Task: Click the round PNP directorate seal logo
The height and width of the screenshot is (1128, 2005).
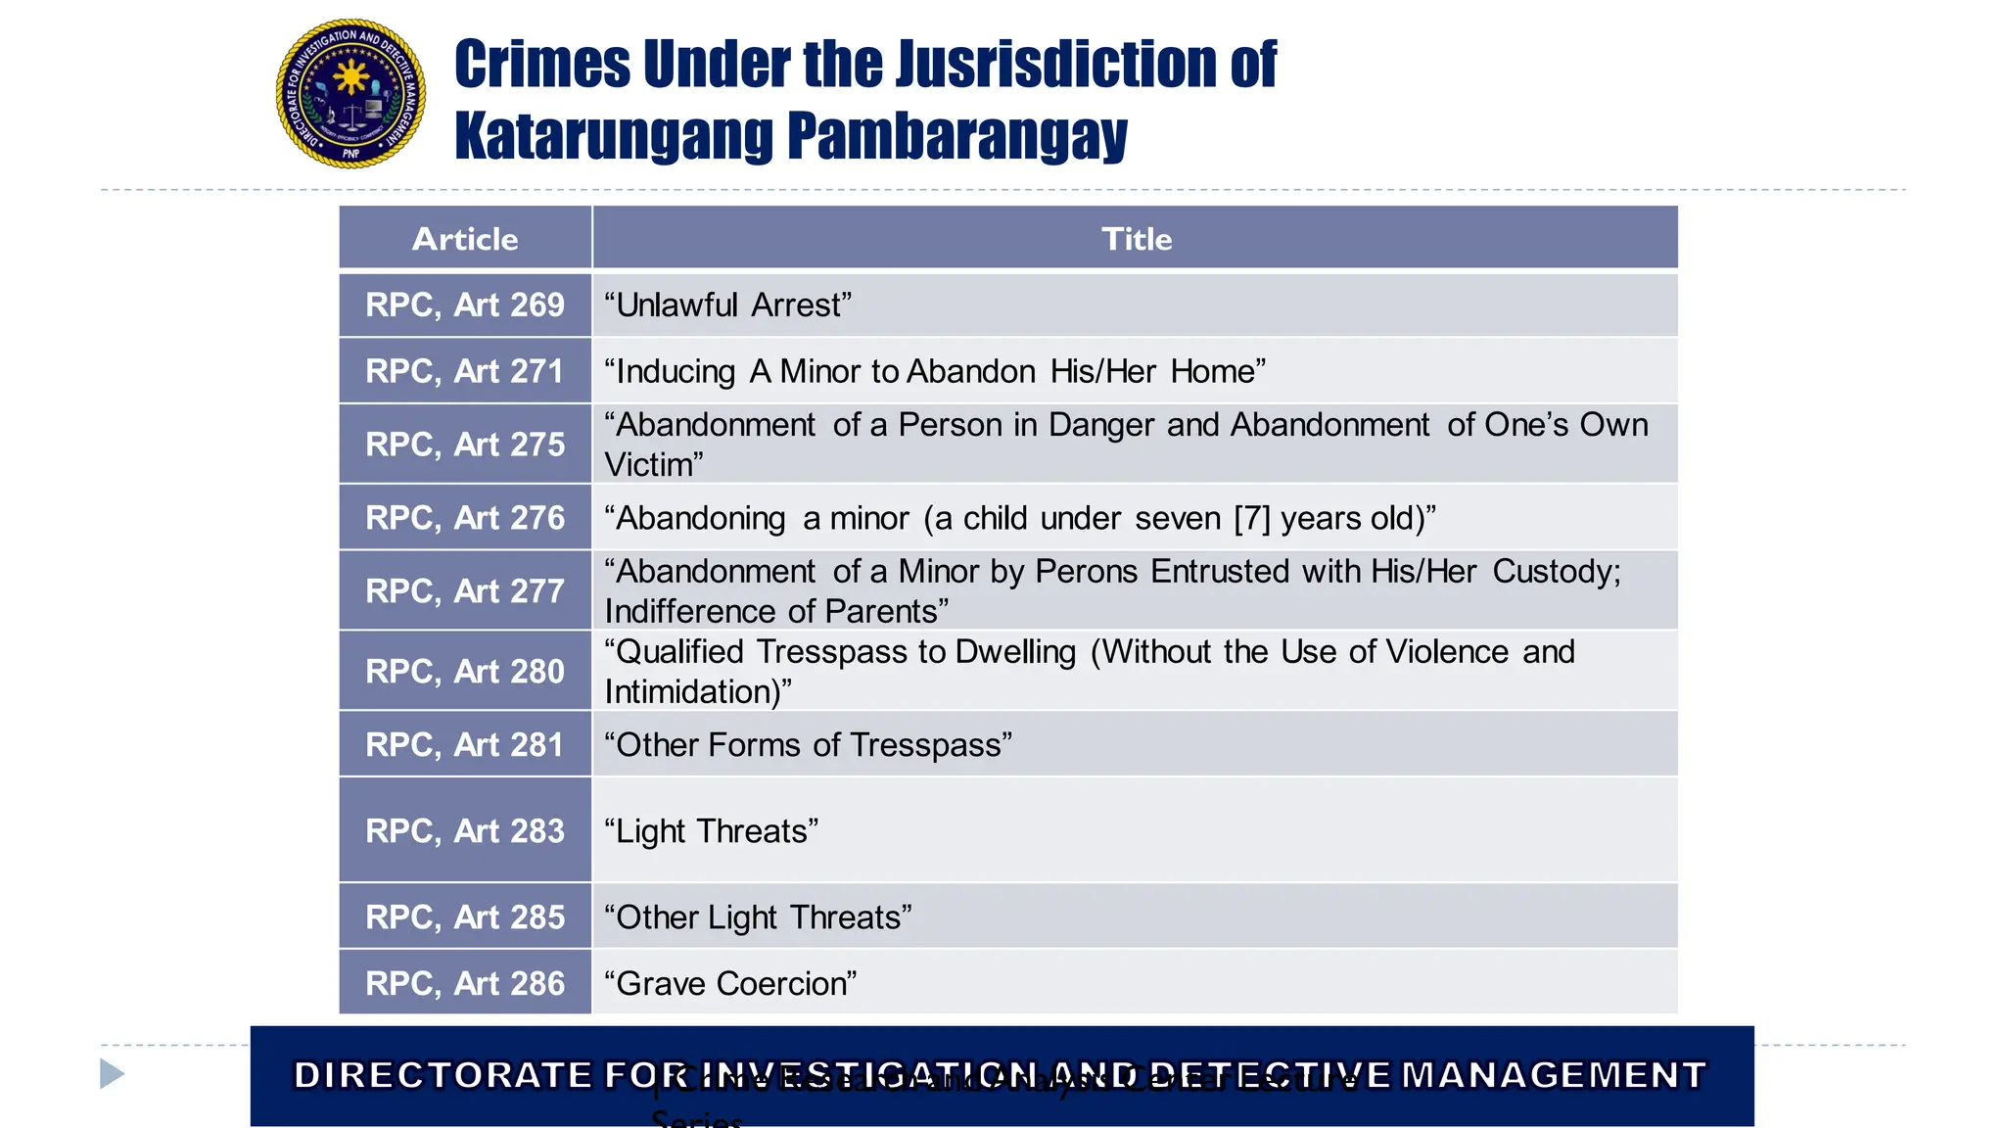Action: coord(350,94)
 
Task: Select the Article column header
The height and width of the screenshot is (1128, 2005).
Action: coord(465,239)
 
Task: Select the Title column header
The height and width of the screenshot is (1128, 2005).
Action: coord(1136,239)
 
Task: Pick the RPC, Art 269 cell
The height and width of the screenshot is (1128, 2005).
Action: coord(465,305)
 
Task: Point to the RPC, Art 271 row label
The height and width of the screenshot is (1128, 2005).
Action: coord(465,372)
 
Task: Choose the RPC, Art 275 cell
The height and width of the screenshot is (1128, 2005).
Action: coord(465,445)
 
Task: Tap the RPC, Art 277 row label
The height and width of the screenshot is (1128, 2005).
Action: coord(465,591)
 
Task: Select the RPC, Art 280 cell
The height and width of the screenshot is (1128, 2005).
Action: coord(465,672)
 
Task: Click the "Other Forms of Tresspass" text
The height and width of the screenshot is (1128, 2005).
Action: coord(808,745)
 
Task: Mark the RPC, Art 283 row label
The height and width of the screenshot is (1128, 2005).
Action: coord(465,831)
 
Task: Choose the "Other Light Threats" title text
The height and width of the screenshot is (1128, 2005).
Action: coord(758,917)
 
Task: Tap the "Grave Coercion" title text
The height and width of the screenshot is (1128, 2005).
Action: coord(730,984)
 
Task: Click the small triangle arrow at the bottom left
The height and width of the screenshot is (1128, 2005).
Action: coord(112,1074)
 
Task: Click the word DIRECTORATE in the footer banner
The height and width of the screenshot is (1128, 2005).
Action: coord(443,1075)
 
